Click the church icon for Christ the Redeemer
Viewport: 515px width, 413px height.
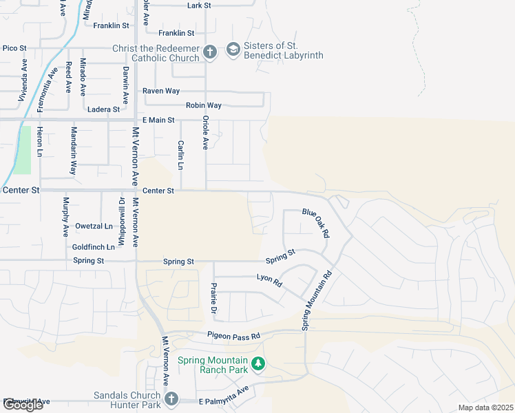tap(210, 51)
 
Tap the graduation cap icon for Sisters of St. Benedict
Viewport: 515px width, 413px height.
tap(233, 49)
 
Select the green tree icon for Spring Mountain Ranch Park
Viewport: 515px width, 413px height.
tap(257, 363)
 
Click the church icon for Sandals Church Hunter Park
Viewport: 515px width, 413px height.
tap(171, 399)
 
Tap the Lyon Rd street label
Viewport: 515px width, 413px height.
tap(269, 280)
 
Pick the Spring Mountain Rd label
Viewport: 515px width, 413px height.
tap(316, 299)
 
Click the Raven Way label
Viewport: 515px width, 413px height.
tap(160, 91)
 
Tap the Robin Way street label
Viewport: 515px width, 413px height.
tap(203, 105)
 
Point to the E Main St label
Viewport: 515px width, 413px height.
tap(158, 120)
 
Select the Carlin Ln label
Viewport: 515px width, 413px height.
tap(181, 155)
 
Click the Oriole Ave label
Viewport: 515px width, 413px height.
tap(205, 132)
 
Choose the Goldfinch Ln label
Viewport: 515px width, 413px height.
tap(93, 246)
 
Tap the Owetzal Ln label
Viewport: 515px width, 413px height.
tap(94, 226)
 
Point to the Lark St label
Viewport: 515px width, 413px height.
tap(198, 6)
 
